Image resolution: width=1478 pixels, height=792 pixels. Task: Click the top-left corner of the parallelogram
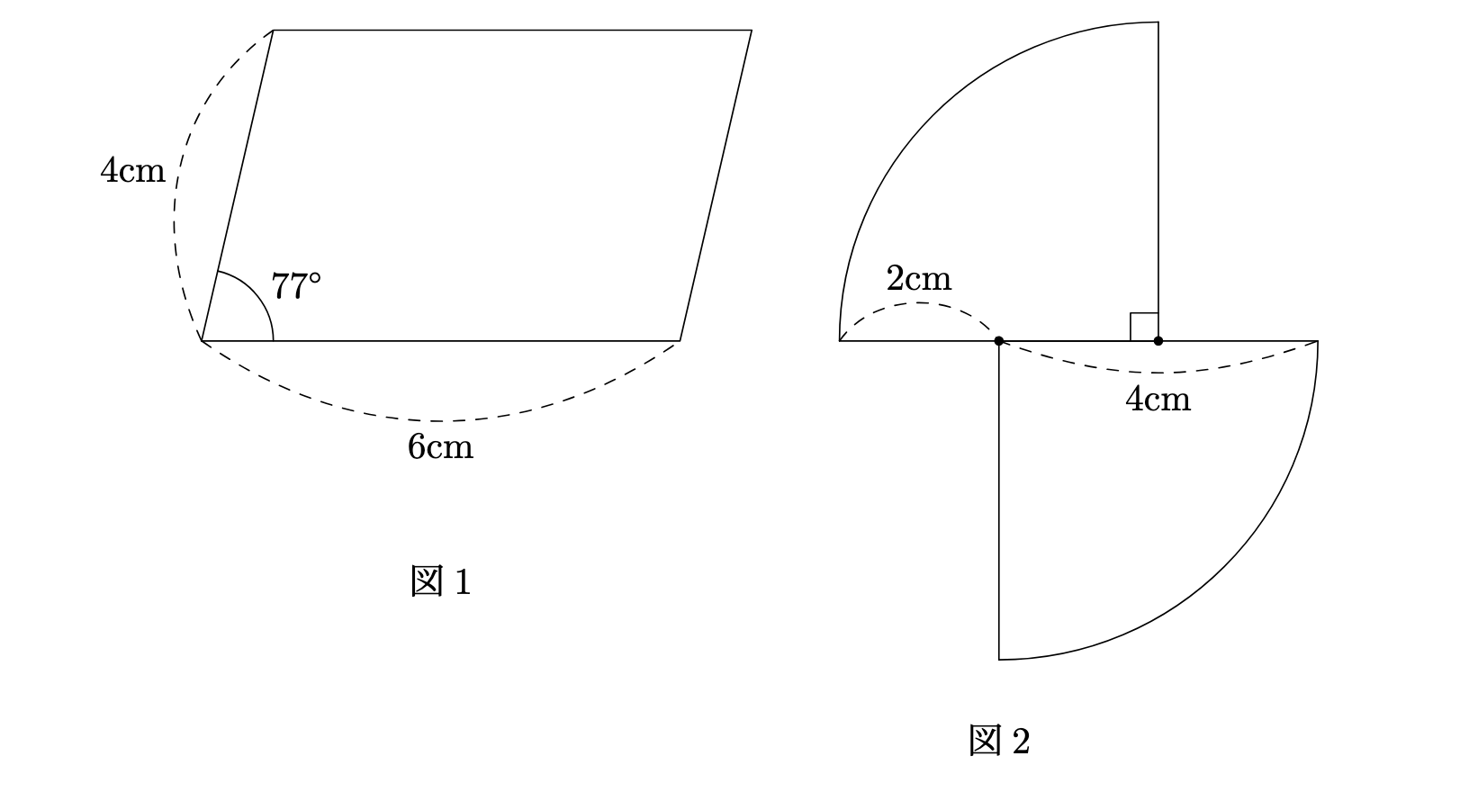[x=273, y=31]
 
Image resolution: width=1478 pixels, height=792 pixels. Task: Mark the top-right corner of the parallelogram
[x=752, y=31]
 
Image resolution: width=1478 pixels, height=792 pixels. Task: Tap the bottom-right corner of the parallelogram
[x=680, y=340]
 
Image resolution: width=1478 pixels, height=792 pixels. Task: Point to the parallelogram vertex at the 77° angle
[x=202, y=340]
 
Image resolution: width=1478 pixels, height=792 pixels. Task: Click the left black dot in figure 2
[x=999, y=340]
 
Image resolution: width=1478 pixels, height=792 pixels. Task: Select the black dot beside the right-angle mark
[x=1158, y=340]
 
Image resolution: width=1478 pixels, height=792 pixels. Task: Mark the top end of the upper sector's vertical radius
[x=1158, y=22]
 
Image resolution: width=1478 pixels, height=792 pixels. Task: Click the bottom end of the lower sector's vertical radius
[x=999, y=660]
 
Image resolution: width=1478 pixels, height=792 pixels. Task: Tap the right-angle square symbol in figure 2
[x=1144, y=327]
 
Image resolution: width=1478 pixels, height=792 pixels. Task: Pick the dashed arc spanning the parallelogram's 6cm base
[x=441, y=420]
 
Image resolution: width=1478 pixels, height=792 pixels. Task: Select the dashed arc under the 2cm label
[x=918, y=303]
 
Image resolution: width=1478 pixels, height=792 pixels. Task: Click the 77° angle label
[x=296, y=286]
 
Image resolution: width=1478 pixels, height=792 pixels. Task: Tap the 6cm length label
[x=440, y=446]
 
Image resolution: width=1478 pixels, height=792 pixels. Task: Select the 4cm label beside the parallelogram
[x=132, y=170]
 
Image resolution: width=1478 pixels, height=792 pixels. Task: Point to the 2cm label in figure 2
[x=918, y=278]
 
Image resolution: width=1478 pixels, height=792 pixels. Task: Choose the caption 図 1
[x=441, y=581]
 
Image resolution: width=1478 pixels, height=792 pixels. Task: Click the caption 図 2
[x=999, y=741]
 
